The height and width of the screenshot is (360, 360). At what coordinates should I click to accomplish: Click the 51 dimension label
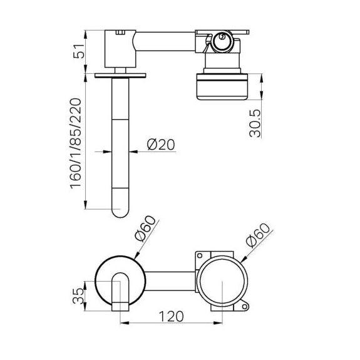[78, 51]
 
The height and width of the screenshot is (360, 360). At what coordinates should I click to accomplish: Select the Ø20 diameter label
[161, 145]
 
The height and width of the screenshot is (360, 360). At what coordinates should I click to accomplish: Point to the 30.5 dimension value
[255, 123]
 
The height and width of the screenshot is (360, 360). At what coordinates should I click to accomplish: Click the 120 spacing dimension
[172, 316]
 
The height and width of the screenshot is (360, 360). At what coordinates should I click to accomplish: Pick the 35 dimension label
[78, 296]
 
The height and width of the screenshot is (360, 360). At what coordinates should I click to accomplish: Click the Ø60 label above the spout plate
[145, 229]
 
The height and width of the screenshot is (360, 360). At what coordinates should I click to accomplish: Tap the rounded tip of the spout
[120, 213]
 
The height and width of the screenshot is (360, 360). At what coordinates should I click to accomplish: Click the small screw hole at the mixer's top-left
[200, 255]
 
